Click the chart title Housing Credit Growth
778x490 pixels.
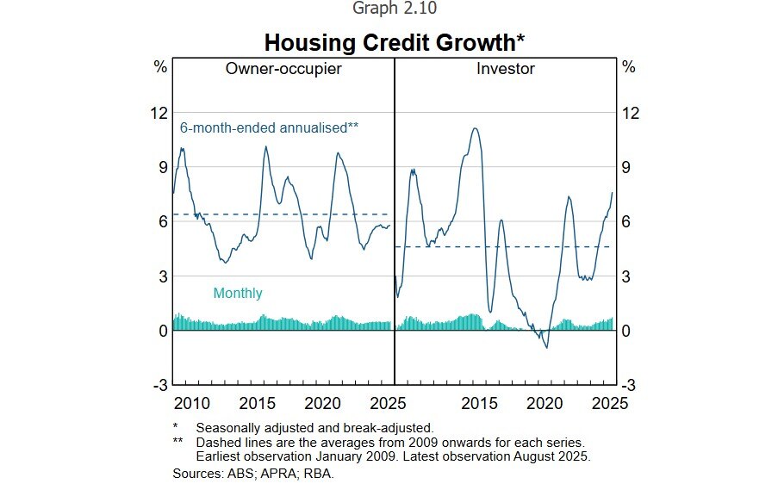click(x=394, y=42)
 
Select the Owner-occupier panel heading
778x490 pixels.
click(x=283, y=69)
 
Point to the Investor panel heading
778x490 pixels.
click(x=506, y=69)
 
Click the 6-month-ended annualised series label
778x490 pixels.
click(x=269, y=127)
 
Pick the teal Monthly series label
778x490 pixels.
click(x=238, y=293)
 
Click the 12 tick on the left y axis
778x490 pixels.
click(x=158, y=112)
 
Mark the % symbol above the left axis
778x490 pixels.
click(x=160, y=67)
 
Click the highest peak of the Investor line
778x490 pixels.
click(x=475, y=128)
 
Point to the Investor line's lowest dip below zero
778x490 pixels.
click(x=546, y=347)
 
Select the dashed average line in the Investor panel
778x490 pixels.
click(x=508, y=247)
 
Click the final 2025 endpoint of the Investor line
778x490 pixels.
click(x=613, y=192)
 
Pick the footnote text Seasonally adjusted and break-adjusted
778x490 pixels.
click(x=314, y=427)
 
